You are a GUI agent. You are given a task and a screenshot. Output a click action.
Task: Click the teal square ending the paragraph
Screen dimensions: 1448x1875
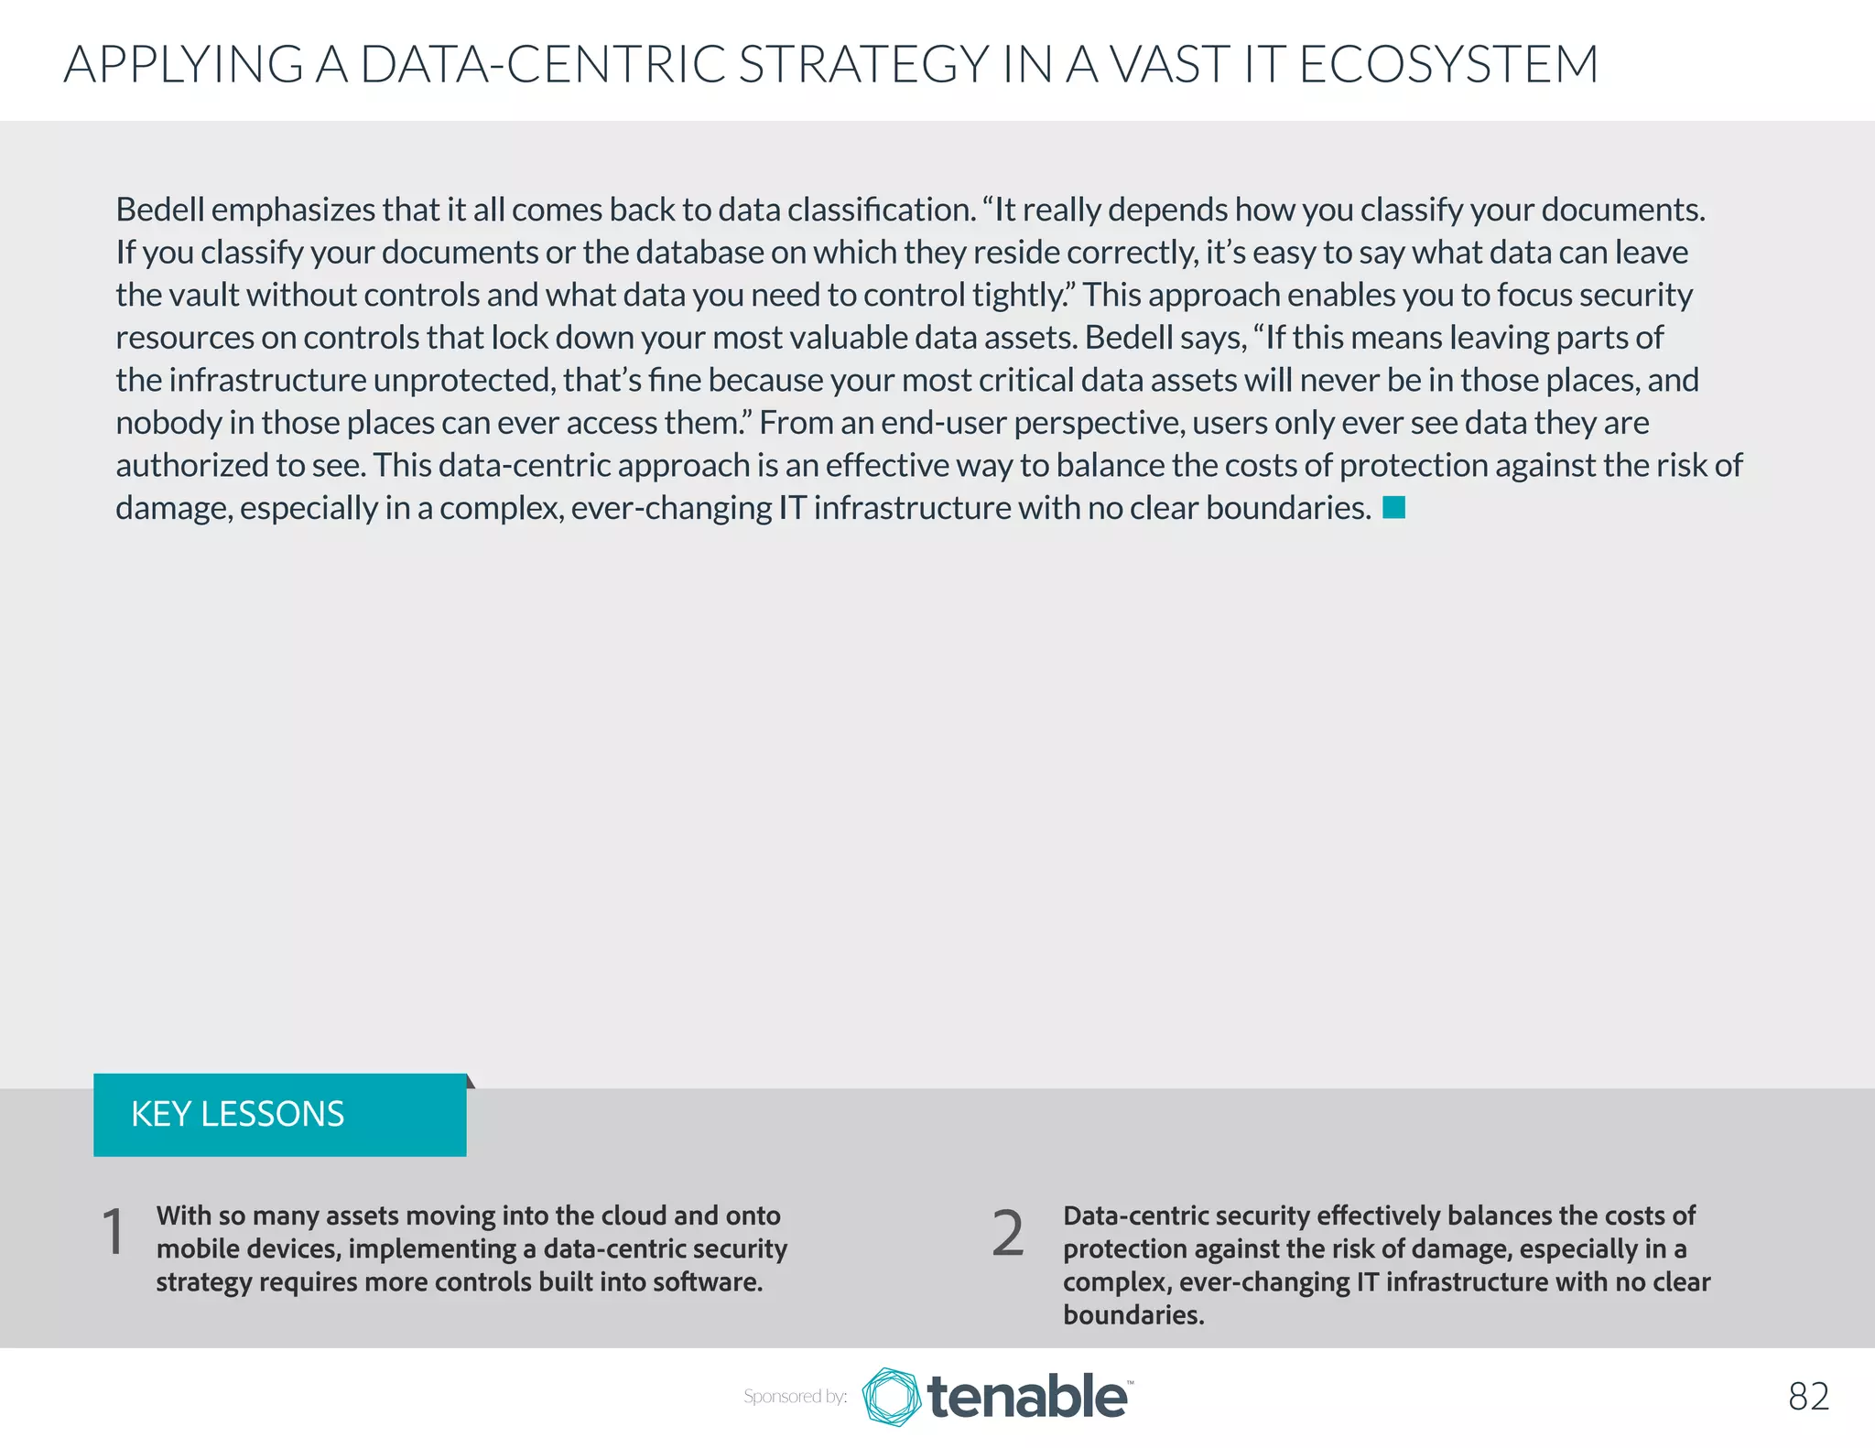tap(1393, 507)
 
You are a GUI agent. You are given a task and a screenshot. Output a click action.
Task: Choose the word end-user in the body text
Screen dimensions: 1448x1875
tap(943, 423)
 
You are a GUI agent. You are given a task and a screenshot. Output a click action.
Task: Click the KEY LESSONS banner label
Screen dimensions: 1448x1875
tap(238, 1114)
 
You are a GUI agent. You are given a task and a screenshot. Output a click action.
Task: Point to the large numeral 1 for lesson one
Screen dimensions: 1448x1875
tap(114, 1232)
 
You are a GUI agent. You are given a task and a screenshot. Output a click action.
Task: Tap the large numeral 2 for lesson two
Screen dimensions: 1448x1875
tap(1008, 1233)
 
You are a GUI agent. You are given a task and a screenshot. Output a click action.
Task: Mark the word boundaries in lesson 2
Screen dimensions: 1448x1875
tap(1133, 1315)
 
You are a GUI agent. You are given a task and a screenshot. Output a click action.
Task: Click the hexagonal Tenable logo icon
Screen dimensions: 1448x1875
tap(891, 1397)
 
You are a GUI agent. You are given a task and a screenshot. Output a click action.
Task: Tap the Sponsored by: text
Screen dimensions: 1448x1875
tap(795, 1397)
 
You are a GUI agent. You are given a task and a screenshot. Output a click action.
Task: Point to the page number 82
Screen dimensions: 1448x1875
tap(1808, 1397)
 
